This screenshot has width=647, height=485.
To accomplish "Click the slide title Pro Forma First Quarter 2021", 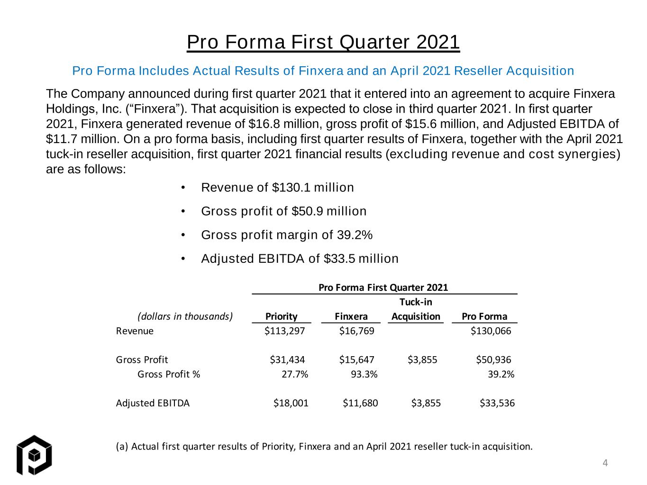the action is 323,42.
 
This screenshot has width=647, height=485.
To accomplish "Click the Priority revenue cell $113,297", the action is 284,331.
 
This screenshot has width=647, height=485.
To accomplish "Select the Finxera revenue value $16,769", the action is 356,331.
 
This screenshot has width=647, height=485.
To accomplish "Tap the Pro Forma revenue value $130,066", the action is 491,331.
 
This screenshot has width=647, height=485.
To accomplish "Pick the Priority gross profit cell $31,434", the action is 287,359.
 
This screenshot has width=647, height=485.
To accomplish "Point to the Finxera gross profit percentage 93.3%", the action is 364,374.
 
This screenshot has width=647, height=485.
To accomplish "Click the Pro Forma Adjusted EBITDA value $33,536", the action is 497,403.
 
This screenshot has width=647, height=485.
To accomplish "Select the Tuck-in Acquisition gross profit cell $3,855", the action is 422,359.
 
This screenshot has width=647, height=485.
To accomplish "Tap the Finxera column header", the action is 351,316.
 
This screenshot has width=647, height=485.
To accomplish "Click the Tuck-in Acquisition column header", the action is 416,309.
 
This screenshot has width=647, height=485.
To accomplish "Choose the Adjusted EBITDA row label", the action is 153,403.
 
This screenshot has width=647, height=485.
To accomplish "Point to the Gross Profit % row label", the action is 169,374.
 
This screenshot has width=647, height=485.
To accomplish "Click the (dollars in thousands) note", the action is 185,316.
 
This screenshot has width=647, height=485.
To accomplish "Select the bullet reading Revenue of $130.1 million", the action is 277,187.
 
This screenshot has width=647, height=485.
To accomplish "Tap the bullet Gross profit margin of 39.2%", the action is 287,235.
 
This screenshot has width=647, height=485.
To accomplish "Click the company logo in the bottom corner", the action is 34,455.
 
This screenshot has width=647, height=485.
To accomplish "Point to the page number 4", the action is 605,463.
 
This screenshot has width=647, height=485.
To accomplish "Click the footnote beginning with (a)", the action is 324,447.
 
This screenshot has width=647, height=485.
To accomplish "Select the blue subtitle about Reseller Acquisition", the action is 323,71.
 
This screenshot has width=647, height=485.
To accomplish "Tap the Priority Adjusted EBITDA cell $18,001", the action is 291,403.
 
